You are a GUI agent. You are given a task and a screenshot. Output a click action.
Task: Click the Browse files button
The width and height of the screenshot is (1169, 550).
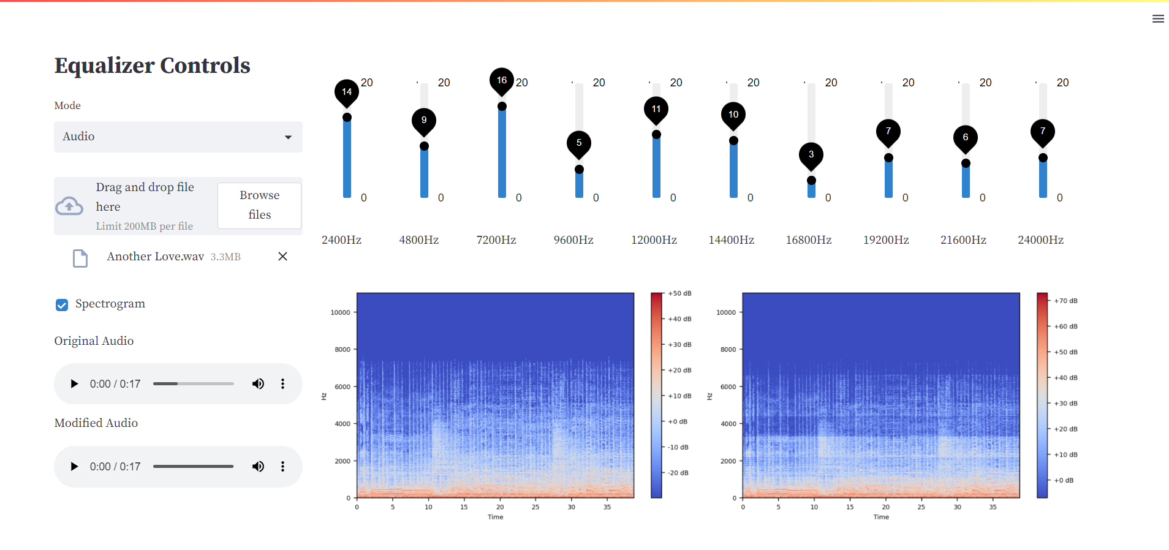click(259, 205)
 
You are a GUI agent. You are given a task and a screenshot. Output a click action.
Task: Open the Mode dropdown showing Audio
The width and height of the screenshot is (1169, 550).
click(178, 137)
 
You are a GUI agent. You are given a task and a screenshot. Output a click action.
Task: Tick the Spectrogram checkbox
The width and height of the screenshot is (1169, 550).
click(62, 304)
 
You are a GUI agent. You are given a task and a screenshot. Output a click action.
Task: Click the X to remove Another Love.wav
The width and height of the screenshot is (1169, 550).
click(282, 257)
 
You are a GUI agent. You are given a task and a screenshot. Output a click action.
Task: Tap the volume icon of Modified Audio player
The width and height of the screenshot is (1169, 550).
click(258, 466)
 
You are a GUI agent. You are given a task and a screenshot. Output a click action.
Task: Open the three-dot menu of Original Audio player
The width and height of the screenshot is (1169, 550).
click(282, 384)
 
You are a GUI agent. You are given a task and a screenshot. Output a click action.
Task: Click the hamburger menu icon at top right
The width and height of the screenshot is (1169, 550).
click(1157, 19)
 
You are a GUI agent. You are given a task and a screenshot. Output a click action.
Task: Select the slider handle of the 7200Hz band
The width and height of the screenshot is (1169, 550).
click(502, 107)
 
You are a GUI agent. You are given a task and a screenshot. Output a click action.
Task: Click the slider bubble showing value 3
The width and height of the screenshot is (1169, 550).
click(811, 155)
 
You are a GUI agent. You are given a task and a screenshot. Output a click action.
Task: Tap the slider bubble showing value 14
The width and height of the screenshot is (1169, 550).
click(347, 92)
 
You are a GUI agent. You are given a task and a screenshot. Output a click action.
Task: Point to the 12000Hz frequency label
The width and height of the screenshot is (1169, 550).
click(654, 240)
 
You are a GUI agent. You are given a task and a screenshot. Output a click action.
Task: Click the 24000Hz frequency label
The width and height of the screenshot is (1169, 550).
click(1040, 240)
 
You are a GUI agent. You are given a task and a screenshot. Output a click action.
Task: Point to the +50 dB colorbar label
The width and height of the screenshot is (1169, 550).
click(679, 293)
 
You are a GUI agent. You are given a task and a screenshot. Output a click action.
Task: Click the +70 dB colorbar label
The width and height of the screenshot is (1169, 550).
click(1065, 301)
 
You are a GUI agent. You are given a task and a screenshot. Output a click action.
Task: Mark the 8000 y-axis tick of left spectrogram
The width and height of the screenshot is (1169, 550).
click(342, 350)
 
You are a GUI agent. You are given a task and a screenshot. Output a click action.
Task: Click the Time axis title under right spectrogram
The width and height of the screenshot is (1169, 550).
click(881, 517)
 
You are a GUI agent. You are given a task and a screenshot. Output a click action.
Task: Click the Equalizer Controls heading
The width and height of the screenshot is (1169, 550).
click(152, 66)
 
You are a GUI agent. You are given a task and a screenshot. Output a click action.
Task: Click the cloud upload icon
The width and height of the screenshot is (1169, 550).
click(69, 206)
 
